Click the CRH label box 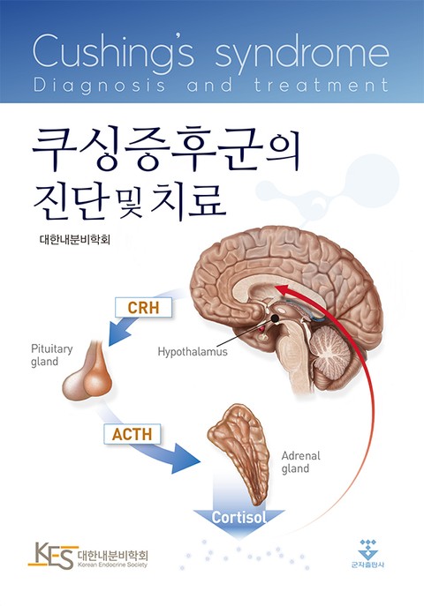(143, 308)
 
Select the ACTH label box (132, 434)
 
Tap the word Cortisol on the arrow (239, 517)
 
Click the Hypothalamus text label (193, 352)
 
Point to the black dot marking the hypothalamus (275, 318)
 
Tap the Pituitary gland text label (51, 355)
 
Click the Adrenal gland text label (300, 462)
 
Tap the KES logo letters (51, 556)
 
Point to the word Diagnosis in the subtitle (100, 86)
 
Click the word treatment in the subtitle (322, 85)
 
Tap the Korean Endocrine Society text (112, 565)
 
